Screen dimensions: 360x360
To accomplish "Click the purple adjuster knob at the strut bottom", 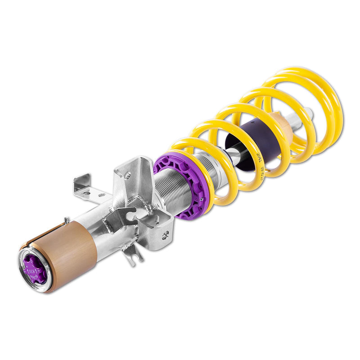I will click(35, 269).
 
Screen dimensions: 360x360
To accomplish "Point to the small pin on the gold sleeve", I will click(66, 220).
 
